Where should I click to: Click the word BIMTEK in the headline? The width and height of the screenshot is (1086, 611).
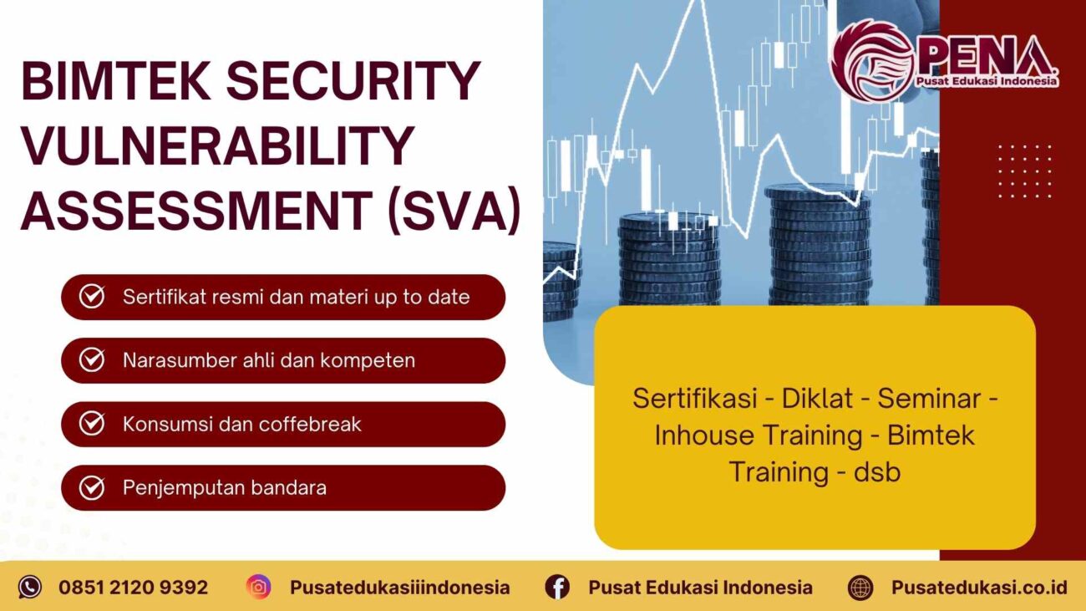coord(114,82)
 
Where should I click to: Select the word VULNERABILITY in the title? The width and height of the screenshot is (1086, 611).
coord(217,145)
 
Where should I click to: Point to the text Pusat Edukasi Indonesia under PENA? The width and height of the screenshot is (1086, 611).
coord(986,81)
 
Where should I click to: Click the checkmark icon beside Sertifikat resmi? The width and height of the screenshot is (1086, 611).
coord(91,297)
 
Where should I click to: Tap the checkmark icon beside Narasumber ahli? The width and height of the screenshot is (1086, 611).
coord(91,360)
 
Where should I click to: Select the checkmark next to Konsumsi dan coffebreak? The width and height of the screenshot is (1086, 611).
coord(91,424)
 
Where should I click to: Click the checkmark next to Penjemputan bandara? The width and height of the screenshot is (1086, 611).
coord(91,487)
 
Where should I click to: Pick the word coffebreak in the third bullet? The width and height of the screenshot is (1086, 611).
coord(310,424)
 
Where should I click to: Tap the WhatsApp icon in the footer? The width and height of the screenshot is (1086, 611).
coord(30,587)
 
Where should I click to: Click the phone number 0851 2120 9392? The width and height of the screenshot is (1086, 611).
coord(133,587)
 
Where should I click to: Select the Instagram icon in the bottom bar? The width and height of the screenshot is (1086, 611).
coord(259,587)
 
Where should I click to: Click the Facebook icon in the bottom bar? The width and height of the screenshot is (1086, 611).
coord(557,587)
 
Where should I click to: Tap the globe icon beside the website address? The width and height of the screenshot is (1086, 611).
coord(860,587)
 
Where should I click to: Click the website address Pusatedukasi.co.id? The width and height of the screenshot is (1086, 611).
coord(978,587)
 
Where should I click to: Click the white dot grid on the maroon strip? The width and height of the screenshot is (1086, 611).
coord(1024,171)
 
